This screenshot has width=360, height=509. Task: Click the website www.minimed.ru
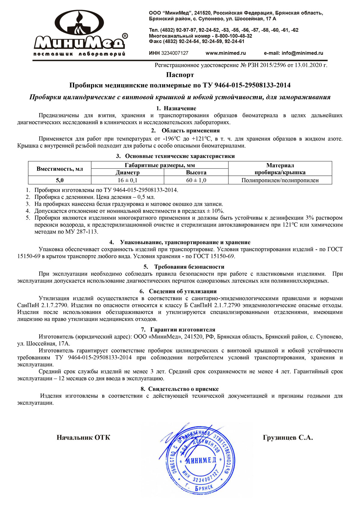(226, 53)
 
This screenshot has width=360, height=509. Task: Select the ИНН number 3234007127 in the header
(175, 53)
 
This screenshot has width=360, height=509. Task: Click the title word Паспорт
(180, 75)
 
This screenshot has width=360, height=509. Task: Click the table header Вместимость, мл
(60, 169)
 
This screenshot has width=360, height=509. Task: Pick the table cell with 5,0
(60, 180)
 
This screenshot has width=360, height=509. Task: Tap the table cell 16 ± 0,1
(127, 180)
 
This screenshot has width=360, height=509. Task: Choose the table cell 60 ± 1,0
(196, 180)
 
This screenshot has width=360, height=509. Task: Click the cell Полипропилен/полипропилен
(280, 180)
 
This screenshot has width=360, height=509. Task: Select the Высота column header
(196, 172)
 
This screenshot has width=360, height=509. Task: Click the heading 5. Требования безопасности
(184, 267)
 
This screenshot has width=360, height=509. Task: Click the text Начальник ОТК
(83, 437)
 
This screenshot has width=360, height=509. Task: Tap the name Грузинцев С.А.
(288, 437)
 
